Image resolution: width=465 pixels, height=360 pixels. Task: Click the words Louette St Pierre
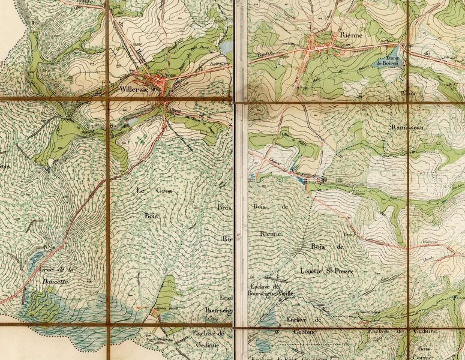pos(327,271)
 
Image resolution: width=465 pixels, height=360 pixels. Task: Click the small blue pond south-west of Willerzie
pos(131,122)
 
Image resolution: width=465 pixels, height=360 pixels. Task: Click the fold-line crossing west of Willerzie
pos(109,98)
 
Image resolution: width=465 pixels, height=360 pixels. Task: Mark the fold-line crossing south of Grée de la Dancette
pos(108,325)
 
